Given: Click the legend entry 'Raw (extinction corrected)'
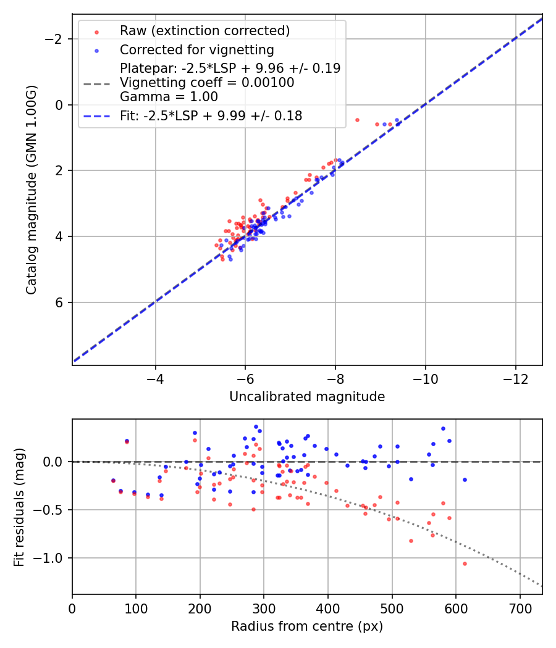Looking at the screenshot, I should point(204,31).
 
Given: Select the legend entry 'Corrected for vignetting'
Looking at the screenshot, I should point(196,49).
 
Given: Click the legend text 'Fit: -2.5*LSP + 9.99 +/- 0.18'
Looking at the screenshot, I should point(211,115).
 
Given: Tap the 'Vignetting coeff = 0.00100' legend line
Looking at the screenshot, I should point(207,82).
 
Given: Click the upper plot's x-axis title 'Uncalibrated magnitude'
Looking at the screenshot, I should point(307,397).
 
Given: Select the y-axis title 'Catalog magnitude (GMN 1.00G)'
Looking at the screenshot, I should point(32,189).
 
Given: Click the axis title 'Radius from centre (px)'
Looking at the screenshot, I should point(307,626).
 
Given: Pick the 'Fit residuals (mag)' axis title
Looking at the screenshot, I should point(19,507).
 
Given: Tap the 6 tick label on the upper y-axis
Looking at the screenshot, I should point(60,302).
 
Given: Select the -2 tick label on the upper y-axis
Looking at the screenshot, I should point(56,39).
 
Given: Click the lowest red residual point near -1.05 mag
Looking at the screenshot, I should point(465,563).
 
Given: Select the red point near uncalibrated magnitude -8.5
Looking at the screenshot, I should point(357,120).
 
